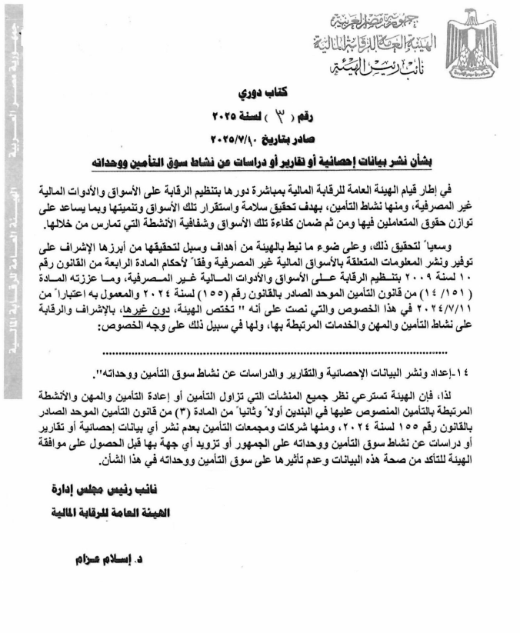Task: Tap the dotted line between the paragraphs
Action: pos(285,355)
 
